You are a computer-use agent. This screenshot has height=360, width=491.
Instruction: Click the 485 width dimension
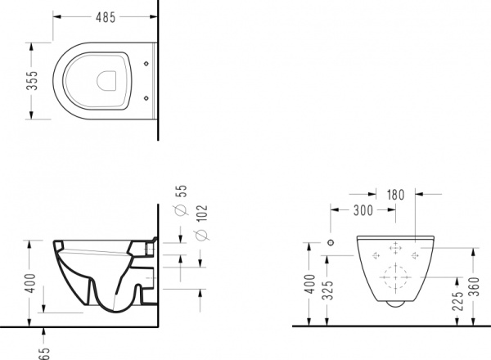tap(106, 17)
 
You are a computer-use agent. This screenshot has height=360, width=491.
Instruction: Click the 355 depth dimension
tap(32, 81)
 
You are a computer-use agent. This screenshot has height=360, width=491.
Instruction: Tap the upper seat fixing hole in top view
tap(146, 64)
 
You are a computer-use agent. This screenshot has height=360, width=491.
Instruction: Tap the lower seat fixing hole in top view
tap(146, 98)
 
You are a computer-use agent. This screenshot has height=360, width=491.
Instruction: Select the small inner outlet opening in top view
tap(106, 81)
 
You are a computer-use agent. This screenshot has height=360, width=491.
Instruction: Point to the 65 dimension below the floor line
tap(44, 353)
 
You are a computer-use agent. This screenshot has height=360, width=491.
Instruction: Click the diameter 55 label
tap(182, 200)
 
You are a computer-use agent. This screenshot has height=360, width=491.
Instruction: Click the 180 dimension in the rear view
tap(395, 195)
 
